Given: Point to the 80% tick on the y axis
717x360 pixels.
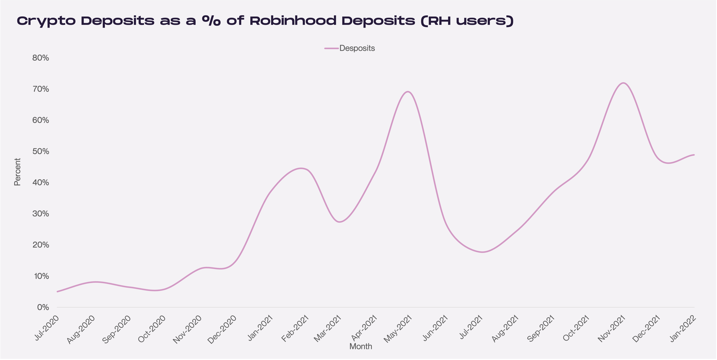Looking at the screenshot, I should click(41, 58).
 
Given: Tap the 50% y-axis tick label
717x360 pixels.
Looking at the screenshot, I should click(41, 151).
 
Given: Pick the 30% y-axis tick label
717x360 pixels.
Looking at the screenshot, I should click(41, 214).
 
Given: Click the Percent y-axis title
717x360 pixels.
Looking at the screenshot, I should click(17, 172).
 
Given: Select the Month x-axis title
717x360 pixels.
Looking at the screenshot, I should click(360, 346).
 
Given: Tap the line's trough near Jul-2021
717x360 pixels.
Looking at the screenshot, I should click(482, 252).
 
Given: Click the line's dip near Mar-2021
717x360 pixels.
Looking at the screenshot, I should click(339, 222).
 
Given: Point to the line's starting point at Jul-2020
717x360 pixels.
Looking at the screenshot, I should click(57, 292).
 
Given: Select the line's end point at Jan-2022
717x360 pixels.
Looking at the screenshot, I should click(694, 155).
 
